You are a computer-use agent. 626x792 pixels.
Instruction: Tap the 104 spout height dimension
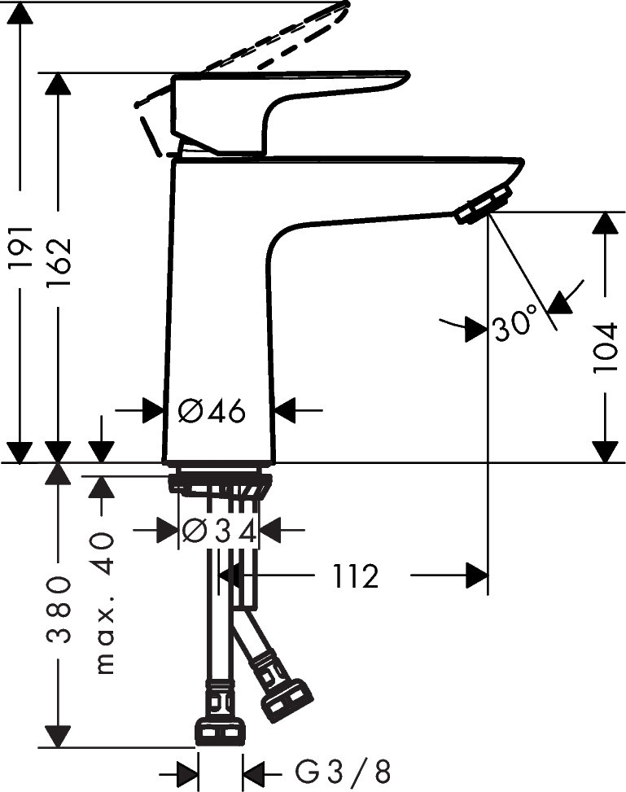605,348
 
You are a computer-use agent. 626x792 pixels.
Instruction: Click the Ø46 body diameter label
212,411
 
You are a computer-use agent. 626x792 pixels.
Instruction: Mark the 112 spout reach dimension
355,576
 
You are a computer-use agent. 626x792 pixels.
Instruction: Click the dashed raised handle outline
269,41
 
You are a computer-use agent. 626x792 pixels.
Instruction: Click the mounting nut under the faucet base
219,483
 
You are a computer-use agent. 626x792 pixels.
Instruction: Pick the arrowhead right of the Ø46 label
287,411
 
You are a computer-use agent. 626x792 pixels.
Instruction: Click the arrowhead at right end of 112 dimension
476,576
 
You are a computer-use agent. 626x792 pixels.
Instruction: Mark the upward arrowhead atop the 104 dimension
605,224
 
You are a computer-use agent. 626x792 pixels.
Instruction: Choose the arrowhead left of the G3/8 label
188,770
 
